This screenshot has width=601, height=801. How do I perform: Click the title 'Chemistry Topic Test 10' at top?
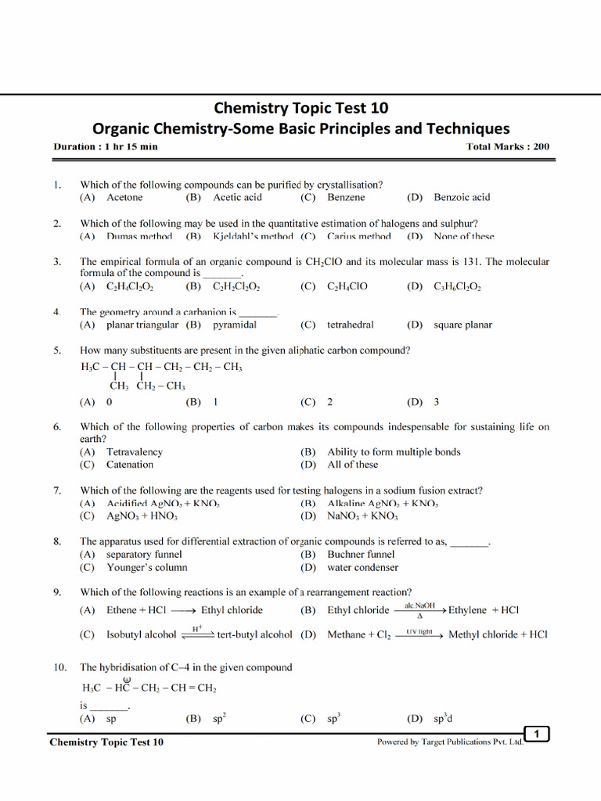click(x=300, y=108)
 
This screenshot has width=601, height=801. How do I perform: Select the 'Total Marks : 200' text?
click(x=507, y=146)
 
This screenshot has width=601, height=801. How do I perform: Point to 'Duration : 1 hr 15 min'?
click(x=105, y=146)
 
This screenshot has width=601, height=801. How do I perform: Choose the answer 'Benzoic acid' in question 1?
click(x=462, y=198)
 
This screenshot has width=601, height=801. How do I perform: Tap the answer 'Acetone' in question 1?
click(x=124, y=198)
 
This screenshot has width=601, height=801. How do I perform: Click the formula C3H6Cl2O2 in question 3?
click(x=457, y=287)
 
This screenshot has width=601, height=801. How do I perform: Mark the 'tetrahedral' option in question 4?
click(x=351, y=325)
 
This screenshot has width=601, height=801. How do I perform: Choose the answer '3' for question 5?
click(x=436, y=402)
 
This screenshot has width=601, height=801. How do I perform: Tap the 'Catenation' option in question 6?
click(x=130, y=465)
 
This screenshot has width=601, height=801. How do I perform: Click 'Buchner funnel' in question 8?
click(x=361, y=554)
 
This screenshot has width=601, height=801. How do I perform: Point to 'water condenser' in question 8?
click(x=362, y=567)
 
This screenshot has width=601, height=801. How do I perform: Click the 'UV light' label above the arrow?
click(x=419, y=630)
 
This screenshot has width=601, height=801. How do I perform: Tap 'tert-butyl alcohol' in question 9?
click(x=254, y=635)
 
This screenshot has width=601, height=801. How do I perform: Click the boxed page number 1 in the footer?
click(x=537, y=733)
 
